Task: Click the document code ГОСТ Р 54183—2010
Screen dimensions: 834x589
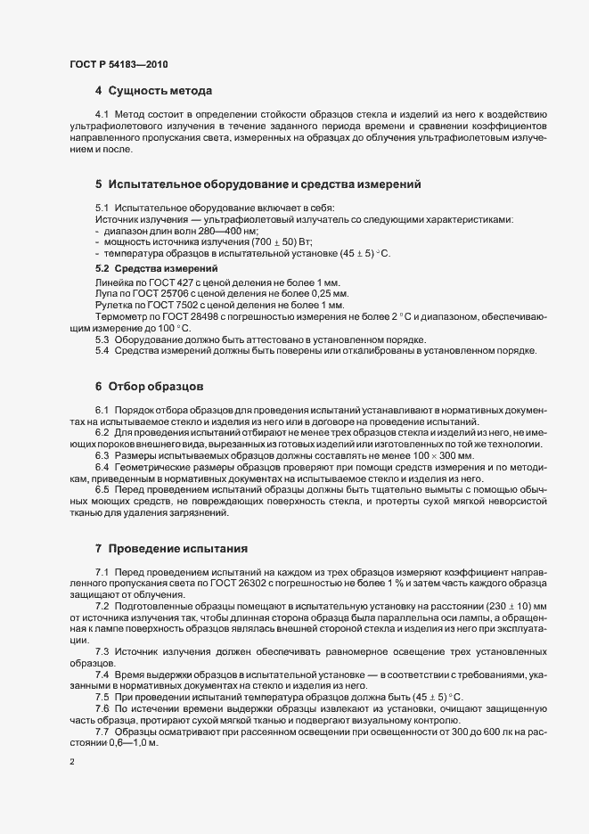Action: coord(118,64)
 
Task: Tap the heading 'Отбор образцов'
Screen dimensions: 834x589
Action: coord(157,387)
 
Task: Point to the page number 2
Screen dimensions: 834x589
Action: coord(71,764)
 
